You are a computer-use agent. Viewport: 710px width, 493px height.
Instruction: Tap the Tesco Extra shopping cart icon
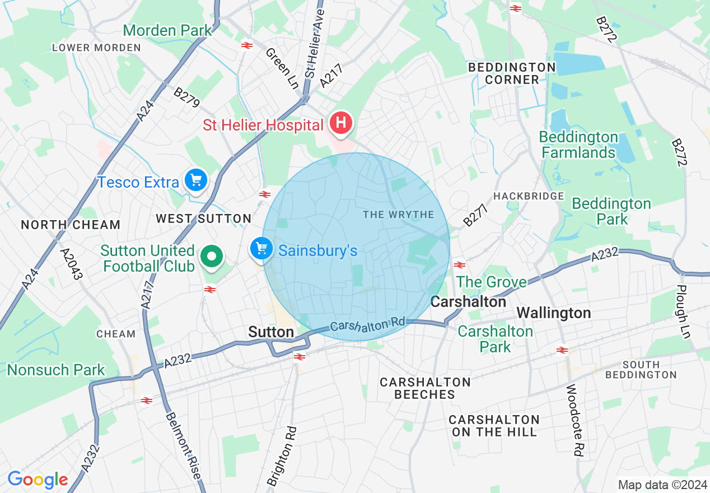click(x=196, y=180)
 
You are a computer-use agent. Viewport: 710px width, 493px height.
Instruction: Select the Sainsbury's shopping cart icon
click(x=261, y=248)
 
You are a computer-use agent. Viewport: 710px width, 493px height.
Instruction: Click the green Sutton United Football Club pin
click(x=212, y=257)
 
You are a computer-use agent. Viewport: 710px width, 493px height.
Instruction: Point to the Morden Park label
click(x=167, y=30)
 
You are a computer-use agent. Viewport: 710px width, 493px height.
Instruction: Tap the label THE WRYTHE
click(x=398, y=215)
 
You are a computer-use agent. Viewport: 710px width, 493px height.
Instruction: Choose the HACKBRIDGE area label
click(x=529, y=196)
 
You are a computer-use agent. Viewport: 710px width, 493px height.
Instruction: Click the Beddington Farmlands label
click(x=578, y=145)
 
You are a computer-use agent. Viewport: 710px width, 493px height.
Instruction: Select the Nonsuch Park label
click(x=56, y=370)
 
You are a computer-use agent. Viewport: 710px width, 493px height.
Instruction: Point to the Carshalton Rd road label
click(x=367, y=325)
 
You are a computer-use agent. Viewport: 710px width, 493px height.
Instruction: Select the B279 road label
click(x=186, y=99)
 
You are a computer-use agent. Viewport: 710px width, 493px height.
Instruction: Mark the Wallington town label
click(x=553, y=313)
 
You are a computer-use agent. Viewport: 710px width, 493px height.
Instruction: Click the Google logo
click(x=38, y=480)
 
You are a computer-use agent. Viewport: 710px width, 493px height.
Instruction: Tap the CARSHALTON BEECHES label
click(x=425, y=388)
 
